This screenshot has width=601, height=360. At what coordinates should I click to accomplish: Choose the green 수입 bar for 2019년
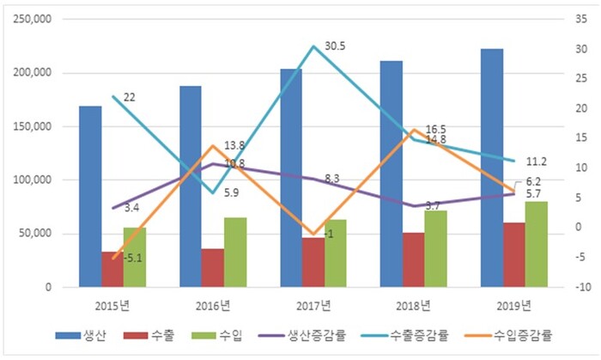point(536,244)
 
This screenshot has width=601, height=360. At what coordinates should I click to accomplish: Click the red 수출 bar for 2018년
point(413,259)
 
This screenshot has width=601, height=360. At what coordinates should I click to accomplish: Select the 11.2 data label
point(537,161)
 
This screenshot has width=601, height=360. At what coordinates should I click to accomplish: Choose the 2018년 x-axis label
point(413,305)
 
